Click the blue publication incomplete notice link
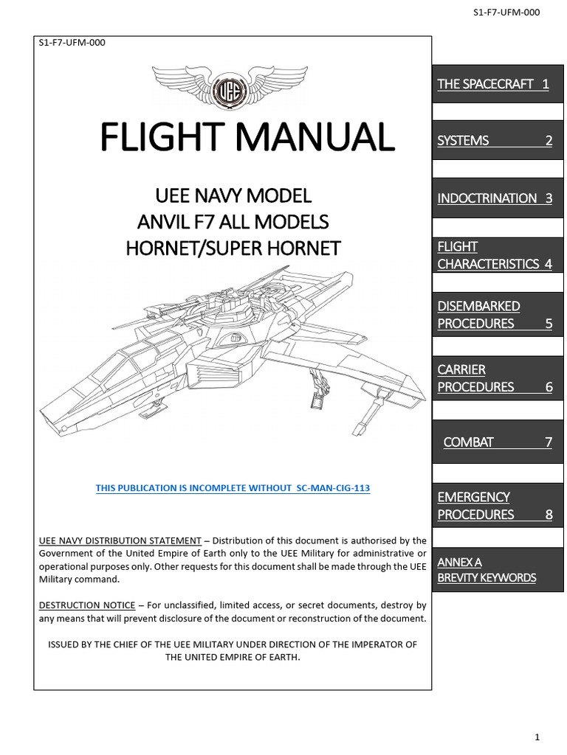pyautogui.click(x=233, y=488)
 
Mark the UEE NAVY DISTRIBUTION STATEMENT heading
pyautogui.click(x=120, y=540)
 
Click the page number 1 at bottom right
pyautogui.click(x=538, y=737)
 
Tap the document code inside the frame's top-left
pyautogui.click(x=72, y=42)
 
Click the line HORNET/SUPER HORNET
pyautogui.click(x=233, y=248)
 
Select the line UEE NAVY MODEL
pyautogui.click(x=233, y=196)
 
